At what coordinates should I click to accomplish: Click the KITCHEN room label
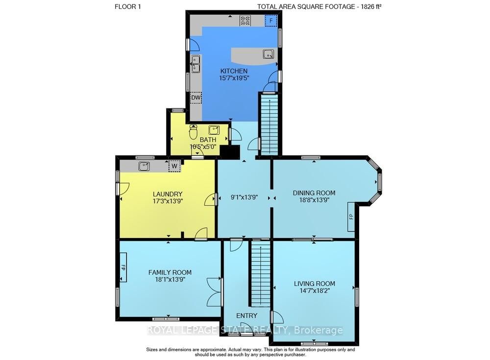coord(234,71)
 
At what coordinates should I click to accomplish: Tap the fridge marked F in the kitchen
coord(271,21)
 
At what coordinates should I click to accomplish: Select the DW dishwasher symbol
coord(196,98)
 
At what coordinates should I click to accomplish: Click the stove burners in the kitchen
coord(245,21)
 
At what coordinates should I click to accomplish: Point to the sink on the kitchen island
coord(269,54)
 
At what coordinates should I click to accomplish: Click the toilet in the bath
coord(194,132)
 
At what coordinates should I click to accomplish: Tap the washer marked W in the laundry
coord(174,166)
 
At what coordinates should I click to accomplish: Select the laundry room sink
coord(144,166)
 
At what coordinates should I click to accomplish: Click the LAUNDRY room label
coord(168,194)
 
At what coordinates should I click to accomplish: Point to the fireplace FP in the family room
coord(123,267)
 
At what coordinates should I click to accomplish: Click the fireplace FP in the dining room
coord(351,216)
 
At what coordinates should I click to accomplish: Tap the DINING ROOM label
coord(314,193)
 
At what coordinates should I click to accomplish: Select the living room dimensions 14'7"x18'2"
coord(314,290)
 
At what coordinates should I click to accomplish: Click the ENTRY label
coord(247,315)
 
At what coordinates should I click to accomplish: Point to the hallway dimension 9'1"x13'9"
coord(244,197)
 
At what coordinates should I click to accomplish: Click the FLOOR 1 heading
coord(128,6)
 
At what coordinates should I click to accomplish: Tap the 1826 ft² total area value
coord(371,6)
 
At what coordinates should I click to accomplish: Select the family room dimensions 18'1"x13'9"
coord(170,279)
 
